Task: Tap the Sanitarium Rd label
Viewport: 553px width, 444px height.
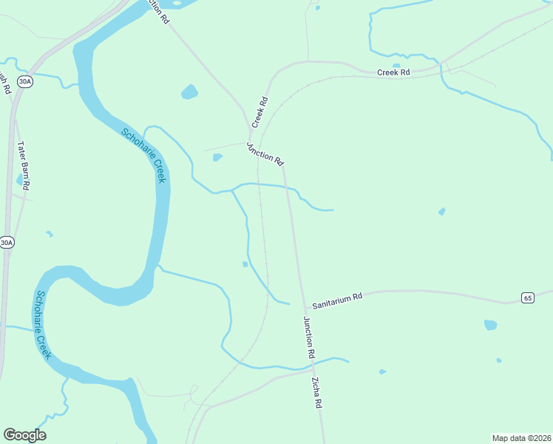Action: coord(337,300)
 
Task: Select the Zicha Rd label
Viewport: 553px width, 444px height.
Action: coord(316,393)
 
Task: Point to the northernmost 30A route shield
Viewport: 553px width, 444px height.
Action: coord(25,81)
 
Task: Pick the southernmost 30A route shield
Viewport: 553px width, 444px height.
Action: coord(7,242)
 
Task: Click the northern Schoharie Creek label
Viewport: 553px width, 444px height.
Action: coord(144,155)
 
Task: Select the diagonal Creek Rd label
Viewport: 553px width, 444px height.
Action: coord(259,110)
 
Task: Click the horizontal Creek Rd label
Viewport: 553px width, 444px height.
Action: coord(393,73)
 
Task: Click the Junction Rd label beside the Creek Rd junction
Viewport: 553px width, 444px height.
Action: coord(265,152)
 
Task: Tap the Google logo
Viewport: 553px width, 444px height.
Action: coord(24,434)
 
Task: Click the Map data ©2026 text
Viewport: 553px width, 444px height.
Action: coord(521,438)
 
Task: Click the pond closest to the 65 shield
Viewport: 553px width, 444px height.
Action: coord(490,324)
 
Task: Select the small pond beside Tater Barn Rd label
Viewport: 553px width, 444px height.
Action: coord(18,179)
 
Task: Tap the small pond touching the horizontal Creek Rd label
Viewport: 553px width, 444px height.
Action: coord(396,66)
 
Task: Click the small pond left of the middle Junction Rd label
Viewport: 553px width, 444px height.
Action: coord(217,157)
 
